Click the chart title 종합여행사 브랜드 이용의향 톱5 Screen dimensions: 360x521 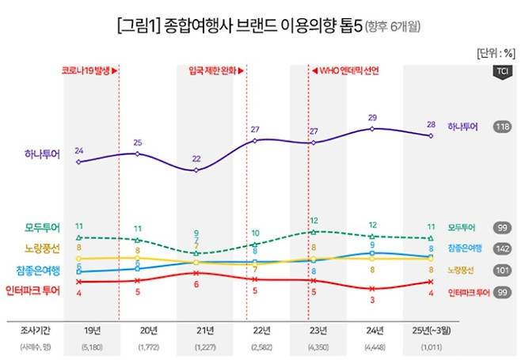pos(260,26)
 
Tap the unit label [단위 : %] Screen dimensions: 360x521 pos(495,54)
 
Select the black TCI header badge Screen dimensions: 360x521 pos(500,72)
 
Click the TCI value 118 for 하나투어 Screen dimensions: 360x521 pos(500,127)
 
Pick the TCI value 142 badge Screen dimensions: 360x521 pos(500,248)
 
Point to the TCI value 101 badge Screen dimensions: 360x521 pos(500,270)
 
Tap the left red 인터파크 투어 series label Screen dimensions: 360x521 pos(32,290)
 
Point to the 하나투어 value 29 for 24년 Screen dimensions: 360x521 pos(372,118)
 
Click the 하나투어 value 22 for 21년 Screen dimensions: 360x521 pos(196,158)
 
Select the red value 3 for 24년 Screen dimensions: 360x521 pos(372,300)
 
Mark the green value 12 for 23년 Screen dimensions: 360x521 pos(314,221)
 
